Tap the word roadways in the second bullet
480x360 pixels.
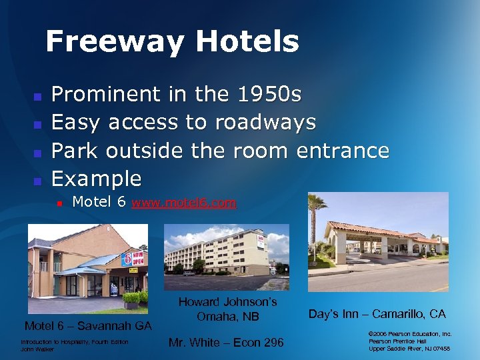(265, 122)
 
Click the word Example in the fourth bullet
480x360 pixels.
(97, 178)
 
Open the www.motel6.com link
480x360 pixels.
(184, 203)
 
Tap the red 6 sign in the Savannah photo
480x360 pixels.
(127, 258)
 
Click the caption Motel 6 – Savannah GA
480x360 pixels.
(88, 326)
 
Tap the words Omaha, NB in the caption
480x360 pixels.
(227, 317)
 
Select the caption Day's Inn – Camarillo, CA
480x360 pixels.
(377, 313)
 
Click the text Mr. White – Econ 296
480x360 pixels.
(226, 343)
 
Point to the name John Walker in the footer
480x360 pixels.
(37, 349)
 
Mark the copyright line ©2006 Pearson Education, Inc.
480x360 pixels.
(410, 333)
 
